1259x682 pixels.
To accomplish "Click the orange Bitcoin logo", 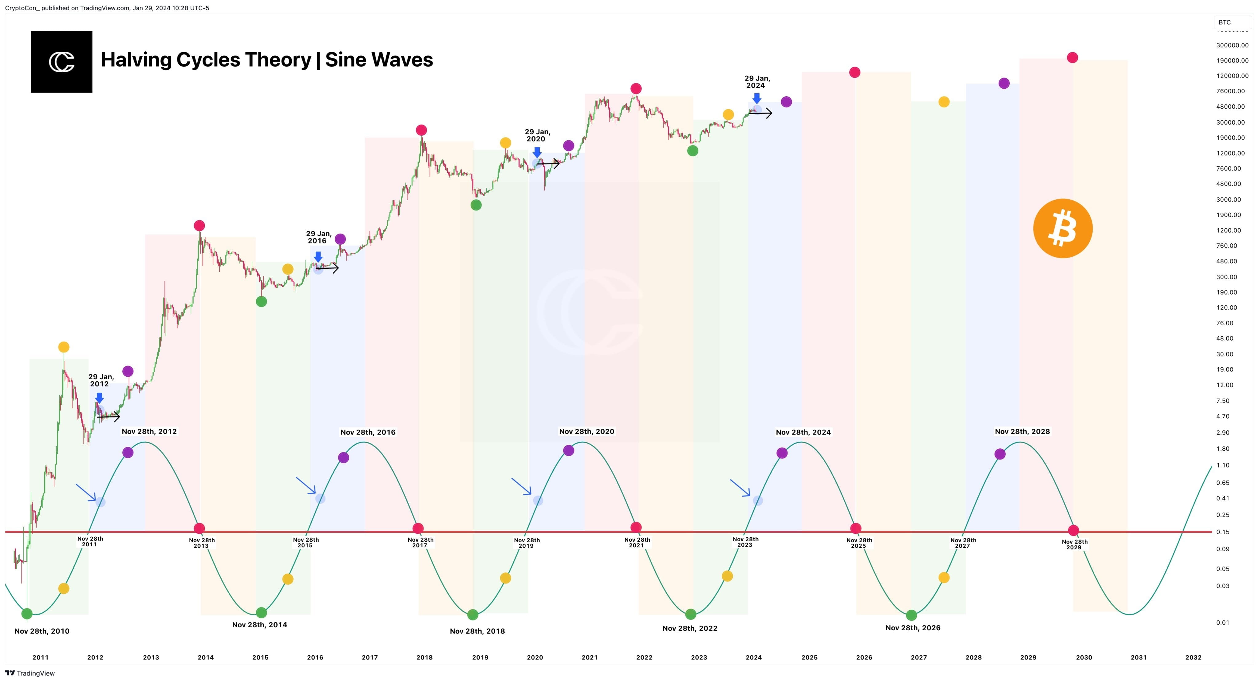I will coord(1063,228).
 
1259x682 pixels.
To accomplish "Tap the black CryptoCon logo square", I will coord(61,62).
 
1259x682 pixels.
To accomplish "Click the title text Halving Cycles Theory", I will coord(206,60).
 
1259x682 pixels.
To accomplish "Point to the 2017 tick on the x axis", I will coord(369,657).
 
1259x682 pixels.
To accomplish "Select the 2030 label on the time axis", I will coord(1083,657).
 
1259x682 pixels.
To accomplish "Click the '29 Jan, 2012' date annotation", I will coord(101,380).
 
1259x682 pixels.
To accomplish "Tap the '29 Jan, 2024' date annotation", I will coord(756,82).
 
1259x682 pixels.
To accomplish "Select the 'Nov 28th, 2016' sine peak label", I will coord(368,432).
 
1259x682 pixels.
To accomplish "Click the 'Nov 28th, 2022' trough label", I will coord(690,628).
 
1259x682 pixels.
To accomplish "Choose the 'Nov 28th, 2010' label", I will coord(42,631).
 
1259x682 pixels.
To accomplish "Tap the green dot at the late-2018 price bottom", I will coord(476,205).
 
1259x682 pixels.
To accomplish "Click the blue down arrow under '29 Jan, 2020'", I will coord(537,152).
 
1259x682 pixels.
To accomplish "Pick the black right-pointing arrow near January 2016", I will coord(327,268).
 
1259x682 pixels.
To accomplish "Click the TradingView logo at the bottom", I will coord(30,673).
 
